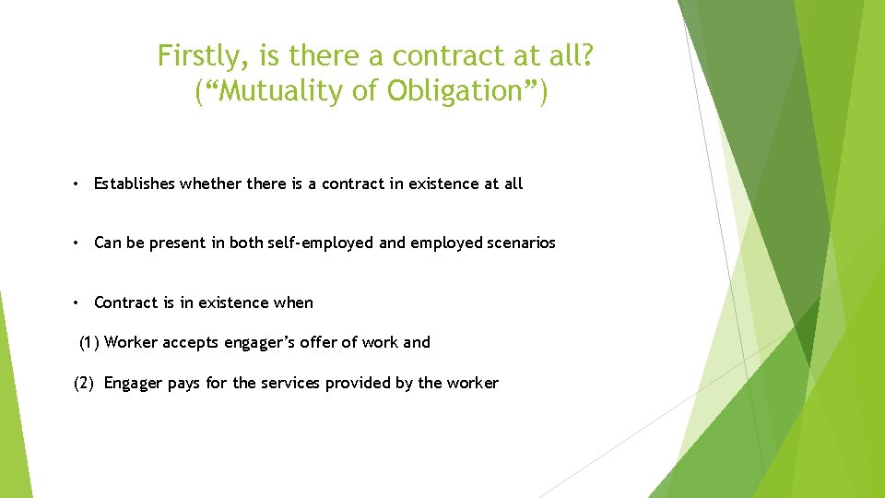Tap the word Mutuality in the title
[x=276, y=91]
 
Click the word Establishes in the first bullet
[x=135, y=184]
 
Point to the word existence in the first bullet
[x=443, y=184]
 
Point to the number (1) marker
[x=89, y=343]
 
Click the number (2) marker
[x=84, y=384]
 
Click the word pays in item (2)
[x=184, y=384]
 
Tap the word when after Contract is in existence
[x=294, y=302]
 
